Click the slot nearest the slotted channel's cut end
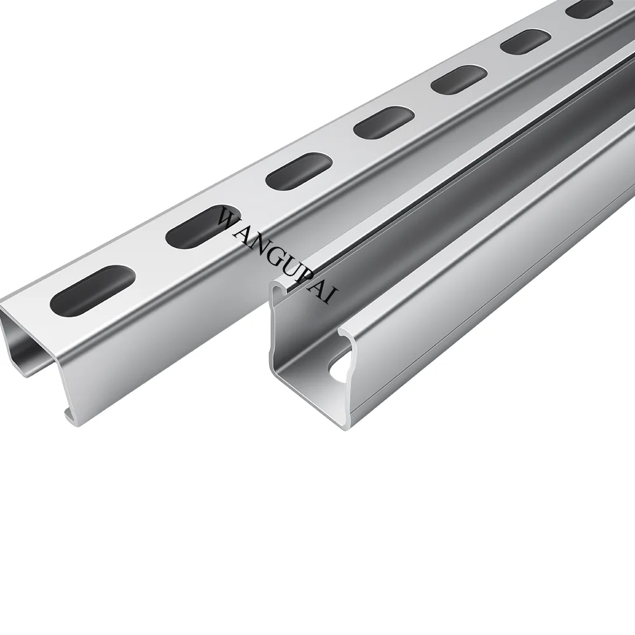(92, 291)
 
